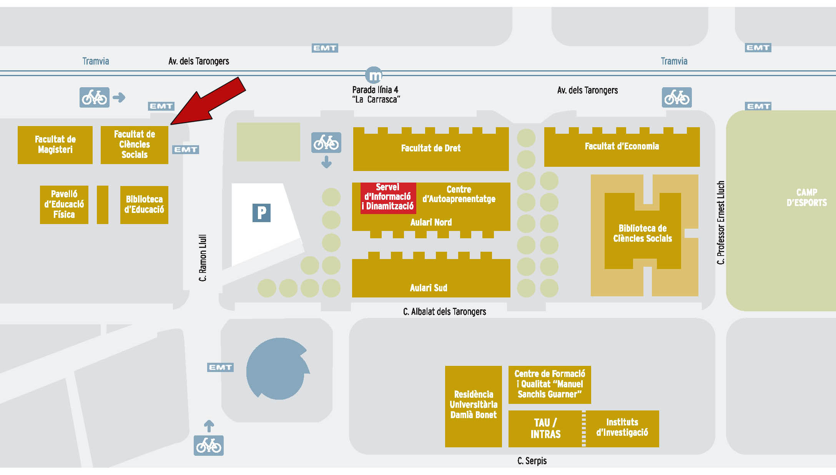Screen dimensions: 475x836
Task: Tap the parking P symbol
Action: [x=261, y=213]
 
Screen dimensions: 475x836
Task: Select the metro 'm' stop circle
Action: [x=374, y=75]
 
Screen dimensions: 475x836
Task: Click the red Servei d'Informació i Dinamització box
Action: [x=388, y=197]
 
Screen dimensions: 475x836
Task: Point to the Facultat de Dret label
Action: [x=430, y=148]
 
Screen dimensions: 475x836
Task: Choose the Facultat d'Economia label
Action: [x=622, y=146]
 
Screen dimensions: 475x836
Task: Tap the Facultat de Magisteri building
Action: [x=55, y=145]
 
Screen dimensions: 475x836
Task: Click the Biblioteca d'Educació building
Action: [x=144, y=204]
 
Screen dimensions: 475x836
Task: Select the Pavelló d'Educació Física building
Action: [x=64, y=204]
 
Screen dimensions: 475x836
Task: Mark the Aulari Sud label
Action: [x=429, y=288]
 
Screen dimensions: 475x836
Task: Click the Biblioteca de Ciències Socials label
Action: [x=642, y=233]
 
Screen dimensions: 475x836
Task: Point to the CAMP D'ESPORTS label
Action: [x=806, y=198]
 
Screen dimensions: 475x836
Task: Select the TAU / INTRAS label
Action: [x=545, y=428]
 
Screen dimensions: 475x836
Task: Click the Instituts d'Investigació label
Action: [x=622, y=427]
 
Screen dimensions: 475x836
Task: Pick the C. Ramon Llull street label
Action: [x=203, y=257]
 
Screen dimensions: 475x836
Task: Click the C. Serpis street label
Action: [x=532, y=460]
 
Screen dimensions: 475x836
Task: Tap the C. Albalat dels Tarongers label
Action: [x=444, y=312]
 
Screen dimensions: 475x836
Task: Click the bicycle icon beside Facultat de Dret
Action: [x=326, y=143]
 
